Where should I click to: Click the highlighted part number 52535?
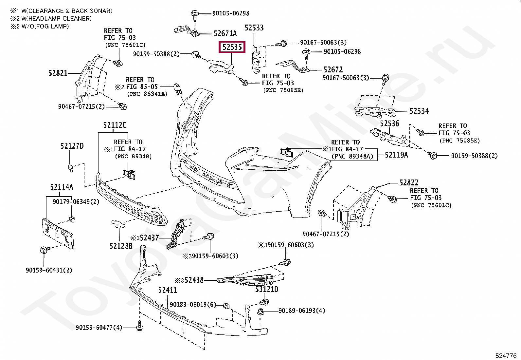click(x=232, y=47)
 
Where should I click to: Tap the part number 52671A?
click(x=225, y=33)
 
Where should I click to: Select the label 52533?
click(x=254, y=28)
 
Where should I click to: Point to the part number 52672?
click(x=333, y=69)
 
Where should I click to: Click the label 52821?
click(x=58, y=73)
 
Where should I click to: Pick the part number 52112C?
click(x=115, y=125)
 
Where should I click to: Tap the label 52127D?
click(x=72, y=146)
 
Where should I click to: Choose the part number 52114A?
click(x=62, y=187)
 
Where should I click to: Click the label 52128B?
click(x=121, y=246)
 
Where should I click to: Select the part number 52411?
click(x=168, y=290)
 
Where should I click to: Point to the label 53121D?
click(x=267, y=289)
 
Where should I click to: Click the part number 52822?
click(x=409, y=182)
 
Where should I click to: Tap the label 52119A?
click(x=396, y=155)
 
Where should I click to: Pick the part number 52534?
click(x=419, y=111)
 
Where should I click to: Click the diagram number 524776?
click(x=506, y=355)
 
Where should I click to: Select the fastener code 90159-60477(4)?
click(x=99, y=327)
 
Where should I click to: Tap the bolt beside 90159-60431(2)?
click(x=44, y=250)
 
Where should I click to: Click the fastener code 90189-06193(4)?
click(x=302, y=311)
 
